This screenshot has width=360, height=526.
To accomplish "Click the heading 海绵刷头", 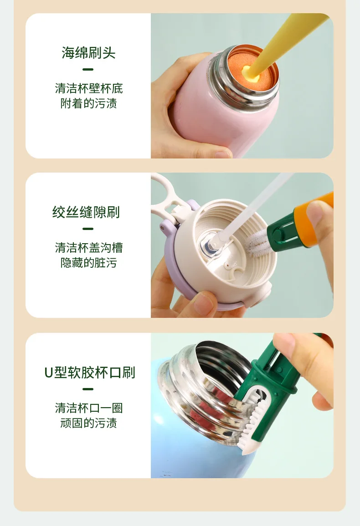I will click(x=88, y=53).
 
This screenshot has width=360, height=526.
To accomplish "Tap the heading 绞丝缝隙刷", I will click(x=86, y=212).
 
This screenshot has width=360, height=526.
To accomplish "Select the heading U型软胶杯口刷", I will click(x=89, y=373).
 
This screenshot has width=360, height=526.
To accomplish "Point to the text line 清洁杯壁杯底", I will click(x=88, y=88).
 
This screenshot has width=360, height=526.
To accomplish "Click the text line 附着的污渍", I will click(x=88, y=103).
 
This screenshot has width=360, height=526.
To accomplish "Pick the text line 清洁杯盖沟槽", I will click(x=88, y=248).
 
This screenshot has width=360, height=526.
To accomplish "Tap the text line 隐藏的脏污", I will click(x=88, y=263).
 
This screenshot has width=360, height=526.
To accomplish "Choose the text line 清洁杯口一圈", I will click(x=88, y=408).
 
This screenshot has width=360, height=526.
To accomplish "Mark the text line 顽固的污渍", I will click(x=88, y=423).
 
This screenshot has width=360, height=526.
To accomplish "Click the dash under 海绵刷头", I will click(x=88, y=70).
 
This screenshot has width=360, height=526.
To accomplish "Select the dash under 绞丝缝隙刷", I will click(x=88, y=229).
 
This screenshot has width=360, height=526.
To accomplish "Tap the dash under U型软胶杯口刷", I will click(x=88, y=389).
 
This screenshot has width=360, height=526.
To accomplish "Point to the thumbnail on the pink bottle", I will click(x=223, y=154).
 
